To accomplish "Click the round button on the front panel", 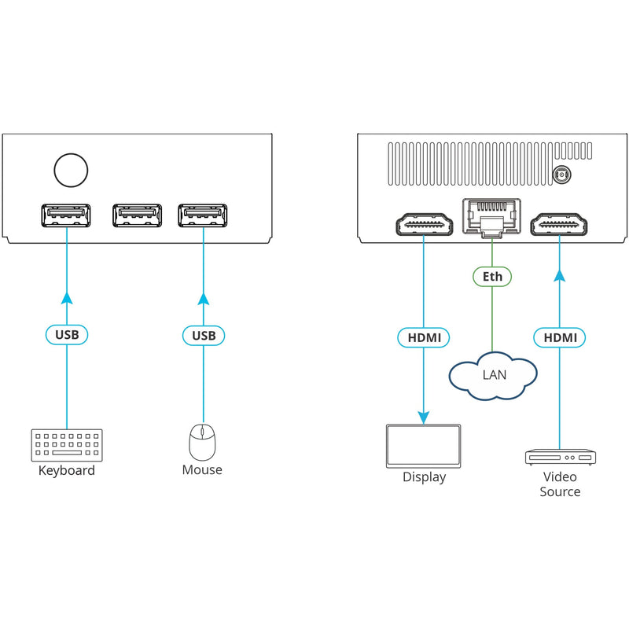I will click(70, 169).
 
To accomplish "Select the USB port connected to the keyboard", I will click(66, 215).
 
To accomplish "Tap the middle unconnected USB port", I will click(137, 215).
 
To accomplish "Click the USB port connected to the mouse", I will click(203, 215).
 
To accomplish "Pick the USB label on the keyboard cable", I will click(67, 335).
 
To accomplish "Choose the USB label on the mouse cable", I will click(203, 335).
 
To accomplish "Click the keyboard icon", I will click(67, 445).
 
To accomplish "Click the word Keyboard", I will click(67, 471).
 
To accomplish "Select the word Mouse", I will click(202, 470).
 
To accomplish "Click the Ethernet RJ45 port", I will click(492, 216).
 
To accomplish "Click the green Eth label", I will click(492, 277).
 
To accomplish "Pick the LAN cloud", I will click(493, 373).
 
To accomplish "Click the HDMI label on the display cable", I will click(424, 338).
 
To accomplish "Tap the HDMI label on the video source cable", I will click(560, 338).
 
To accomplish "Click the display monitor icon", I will click(424, 446).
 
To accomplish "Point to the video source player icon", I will click(560, 457).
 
